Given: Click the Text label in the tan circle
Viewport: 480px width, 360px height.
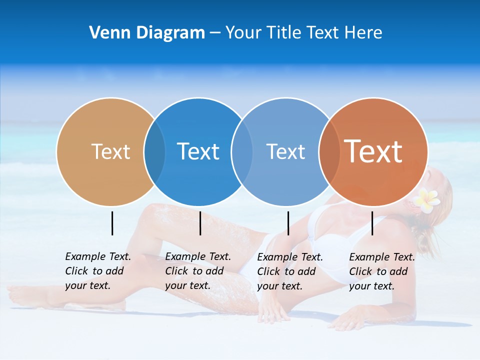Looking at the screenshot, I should (110, 151).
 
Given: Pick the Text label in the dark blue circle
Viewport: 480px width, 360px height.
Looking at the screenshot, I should (198, 151).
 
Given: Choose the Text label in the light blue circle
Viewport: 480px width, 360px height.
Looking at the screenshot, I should (285, 151).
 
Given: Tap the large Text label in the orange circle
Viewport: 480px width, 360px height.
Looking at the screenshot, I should (373, 151).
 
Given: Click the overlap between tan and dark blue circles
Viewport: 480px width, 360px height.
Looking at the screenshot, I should (154, 151).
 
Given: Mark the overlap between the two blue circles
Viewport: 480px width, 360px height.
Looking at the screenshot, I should (242, 151).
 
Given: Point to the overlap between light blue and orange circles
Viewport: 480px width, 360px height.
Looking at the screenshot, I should (329, 151).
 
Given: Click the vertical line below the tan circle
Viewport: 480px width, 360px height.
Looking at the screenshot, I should (112, 223).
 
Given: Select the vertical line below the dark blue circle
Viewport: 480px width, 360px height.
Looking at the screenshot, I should (200, 223).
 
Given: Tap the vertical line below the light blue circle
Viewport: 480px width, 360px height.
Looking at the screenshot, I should (288, 223).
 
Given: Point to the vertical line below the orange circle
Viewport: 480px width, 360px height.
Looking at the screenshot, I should (372, 223).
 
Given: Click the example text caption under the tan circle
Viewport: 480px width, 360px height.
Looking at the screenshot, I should (97, 271).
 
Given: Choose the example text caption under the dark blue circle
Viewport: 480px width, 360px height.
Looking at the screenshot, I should (197, 271).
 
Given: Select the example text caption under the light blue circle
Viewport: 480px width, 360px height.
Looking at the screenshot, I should (289, 271).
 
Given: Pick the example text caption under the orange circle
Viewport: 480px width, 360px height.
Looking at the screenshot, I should (381, 271).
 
